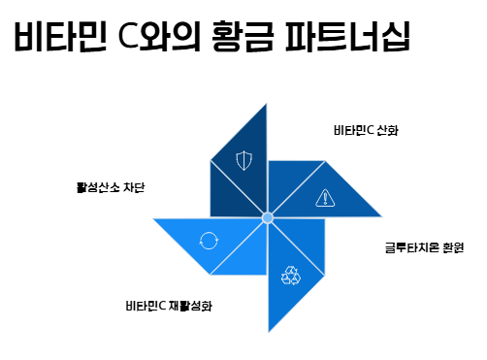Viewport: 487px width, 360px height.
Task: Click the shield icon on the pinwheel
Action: [x=243, y=160]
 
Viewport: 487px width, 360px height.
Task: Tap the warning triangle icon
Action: [x=325, y=198]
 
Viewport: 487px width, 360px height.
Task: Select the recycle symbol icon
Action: [x=291, y=276]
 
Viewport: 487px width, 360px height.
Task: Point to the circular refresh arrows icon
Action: [x=209, y=241]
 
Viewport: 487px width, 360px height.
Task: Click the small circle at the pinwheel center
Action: [x=268, y=217]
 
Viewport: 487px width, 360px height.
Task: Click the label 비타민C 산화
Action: [x=366, y=130]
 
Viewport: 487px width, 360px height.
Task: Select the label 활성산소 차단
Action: [x=111, y=187]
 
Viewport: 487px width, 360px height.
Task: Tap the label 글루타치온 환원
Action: [x=424, y=247]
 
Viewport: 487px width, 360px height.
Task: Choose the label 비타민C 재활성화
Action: [x=169, y=306]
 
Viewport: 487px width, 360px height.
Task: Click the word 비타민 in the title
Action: [x=60, y=36]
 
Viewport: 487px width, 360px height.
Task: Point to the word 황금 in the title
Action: [x=243, y=36]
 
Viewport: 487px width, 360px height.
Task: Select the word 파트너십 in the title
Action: [x=348, y=36]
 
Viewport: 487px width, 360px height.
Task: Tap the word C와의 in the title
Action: [x=159, y=36]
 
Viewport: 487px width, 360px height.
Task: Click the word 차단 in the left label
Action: [x=134, y=187]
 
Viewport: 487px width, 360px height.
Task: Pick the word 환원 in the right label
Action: [x=453, y=247]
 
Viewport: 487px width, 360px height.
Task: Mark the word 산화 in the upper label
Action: [x=388, y=130]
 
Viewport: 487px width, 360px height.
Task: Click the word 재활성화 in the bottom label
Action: [x=190, y=306]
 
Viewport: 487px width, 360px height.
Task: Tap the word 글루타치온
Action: [x=412, y=247]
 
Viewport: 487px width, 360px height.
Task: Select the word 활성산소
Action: [x=98, y=187]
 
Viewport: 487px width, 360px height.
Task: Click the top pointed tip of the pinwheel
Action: [x=267, y=104]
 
